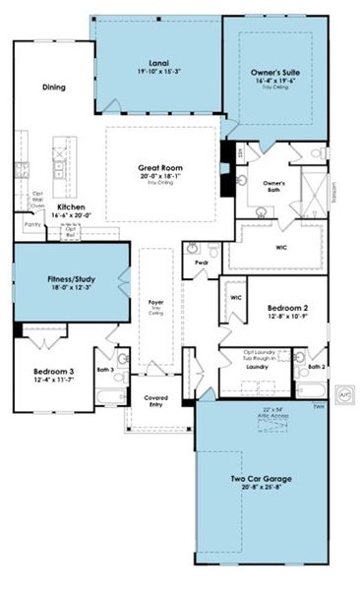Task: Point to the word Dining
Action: pyautogui.click(x=54, y=88)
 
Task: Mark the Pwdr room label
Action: pyautogui.click(x=201, y=263)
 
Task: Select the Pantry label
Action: pyautogui.click(x=32, y=224)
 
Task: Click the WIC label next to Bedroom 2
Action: pyautogui.click(x=236, y=296)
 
